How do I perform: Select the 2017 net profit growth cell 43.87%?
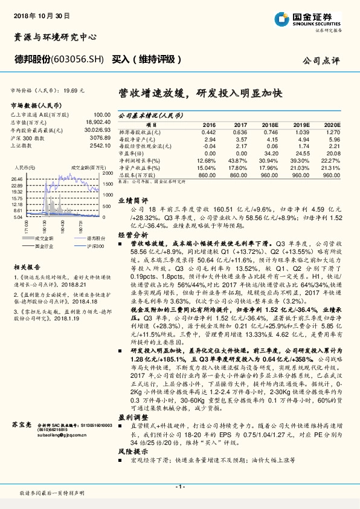(237, 160)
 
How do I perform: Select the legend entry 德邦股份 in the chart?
(79, 239)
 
